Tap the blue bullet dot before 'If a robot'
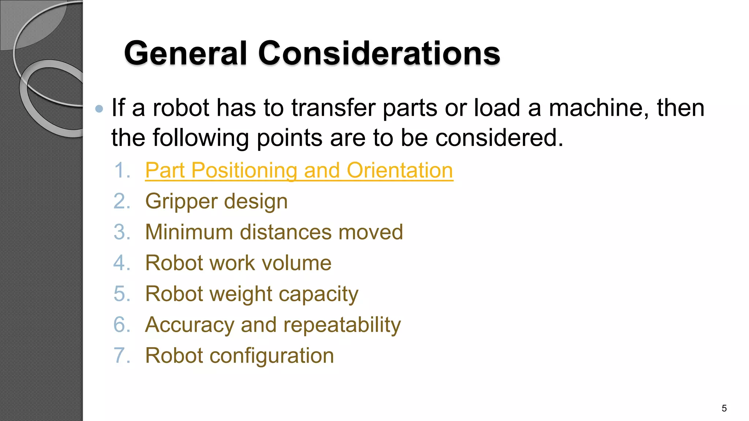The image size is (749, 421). pos(99,109)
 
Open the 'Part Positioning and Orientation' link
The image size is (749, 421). pos(299,170)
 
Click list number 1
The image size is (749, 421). pos(122,170)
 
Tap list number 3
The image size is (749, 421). pos(122,232)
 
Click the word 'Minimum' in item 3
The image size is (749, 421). pos(189,232)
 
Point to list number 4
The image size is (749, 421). pos(122,263)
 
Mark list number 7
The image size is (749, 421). pos(122,356)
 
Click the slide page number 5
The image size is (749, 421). pos(724,408)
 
